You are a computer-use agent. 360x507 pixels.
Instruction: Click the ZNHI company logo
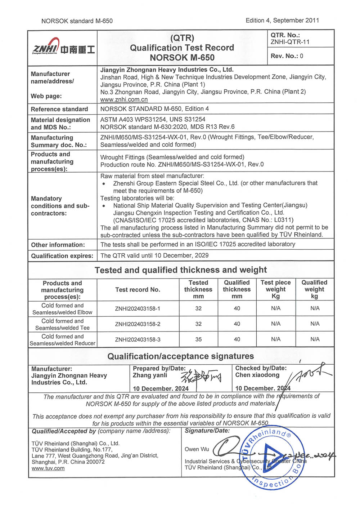tap(63, 47)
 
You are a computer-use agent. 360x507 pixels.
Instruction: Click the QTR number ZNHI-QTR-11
tap(290, 42)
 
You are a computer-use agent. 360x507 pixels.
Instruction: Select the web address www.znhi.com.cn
tap(124, 99)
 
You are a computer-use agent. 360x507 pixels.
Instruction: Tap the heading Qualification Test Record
tap(182, 48)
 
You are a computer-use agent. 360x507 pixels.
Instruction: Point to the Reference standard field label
tap(59, 109)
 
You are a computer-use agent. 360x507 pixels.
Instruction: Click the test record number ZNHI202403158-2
tap(138, 324)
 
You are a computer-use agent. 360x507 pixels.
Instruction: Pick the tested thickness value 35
tap(198, 339)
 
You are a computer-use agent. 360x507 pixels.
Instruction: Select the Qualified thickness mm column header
tap(237, 289)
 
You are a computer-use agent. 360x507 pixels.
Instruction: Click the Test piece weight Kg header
tap(275, 289)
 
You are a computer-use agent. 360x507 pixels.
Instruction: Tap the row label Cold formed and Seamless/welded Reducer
tap(62, 340)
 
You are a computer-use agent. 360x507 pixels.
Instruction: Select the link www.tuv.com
tap(48, 468)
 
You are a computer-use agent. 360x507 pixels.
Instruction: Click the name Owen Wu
tap(197, 449)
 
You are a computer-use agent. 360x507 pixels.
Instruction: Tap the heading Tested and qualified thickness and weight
tap(181, 270)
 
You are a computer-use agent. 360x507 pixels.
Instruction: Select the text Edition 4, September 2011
tap(282, 21)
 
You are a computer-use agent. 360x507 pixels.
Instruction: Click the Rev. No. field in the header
tap(287, 56)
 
